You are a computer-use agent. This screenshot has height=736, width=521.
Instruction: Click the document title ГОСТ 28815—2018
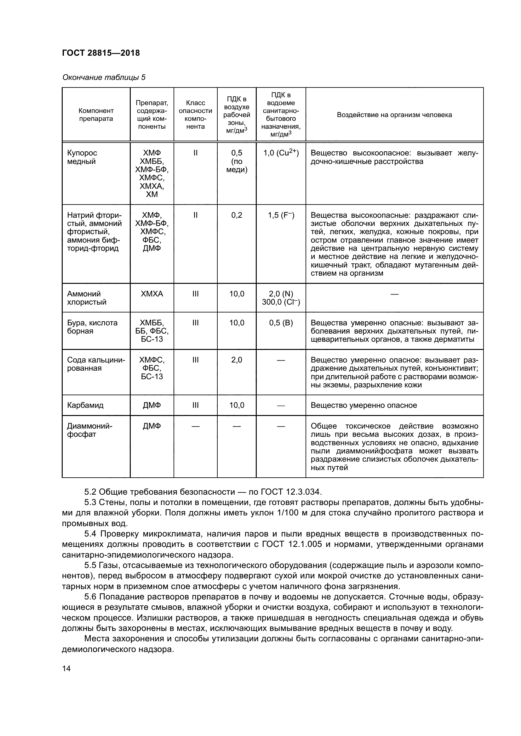pyautogui.click(x=101, y=53)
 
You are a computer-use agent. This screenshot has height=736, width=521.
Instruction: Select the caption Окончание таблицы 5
pyautogui.click(x=104, y=78)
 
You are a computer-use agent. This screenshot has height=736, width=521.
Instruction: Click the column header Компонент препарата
pyautogui.click(x=96, y=115)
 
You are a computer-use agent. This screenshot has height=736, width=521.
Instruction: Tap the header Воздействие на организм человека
pyautogui.click(x=394, y=115)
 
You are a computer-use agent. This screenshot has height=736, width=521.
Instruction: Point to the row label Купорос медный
pyautogui.click(x=82, y=157)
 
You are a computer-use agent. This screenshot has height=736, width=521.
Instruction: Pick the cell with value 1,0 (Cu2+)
pyautogui.click(x=281, y=153)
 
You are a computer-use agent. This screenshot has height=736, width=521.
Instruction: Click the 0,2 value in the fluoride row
pyautogui.click(x=237, y=216)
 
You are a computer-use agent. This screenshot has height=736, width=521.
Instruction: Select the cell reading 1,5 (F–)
pyautogui.click(x=281, y=216)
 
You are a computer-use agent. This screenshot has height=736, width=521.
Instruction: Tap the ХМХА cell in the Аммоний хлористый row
pyautogui.click(x=152, y=294)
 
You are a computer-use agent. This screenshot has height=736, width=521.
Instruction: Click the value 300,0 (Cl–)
pyautogui.click(x=281, y=302)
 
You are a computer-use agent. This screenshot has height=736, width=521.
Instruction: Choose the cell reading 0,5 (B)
pyautogui.click(x=281, y=323)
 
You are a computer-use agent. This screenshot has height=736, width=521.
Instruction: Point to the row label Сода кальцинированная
pyautogui.click(x=96, y=364)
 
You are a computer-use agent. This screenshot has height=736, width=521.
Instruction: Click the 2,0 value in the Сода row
pyautogui.click(x=237, y=360)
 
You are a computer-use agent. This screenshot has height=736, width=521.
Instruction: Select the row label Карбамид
pyautogui.click(x=85, y=405)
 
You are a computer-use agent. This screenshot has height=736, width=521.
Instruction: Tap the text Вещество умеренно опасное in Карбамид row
pyautogui.click(x=364, y=405)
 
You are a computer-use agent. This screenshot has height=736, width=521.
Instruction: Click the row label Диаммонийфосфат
pyautogui.click(x=89, y=430)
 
